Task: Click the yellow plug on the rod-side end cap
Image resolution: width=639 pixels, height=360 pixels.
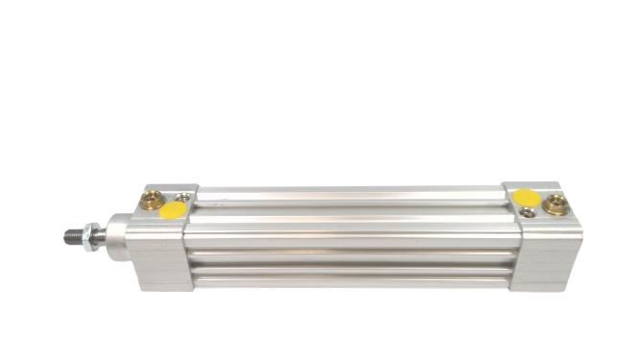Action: pyautogui.click(x=175, y=209)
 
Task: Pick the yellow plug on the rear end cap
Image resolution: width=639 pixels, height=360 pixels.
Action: pyautogui.click(x=525, y=197)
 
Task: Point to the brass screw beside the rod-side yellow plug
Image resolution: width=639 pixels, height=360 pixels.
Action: pyautogui.click(x=152, y=202)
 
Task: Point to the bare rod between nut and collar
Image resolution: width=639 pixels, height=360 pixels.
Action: pyautogui.click(x=103, y=234)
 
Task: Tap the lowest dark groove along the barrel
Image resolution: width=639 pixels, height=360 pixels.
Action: pyautogui.click(x=345, y=271)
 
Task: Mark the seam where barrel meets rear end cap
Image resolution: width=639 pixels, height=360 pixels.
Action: pyautogui.click(x=509, y=240)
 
